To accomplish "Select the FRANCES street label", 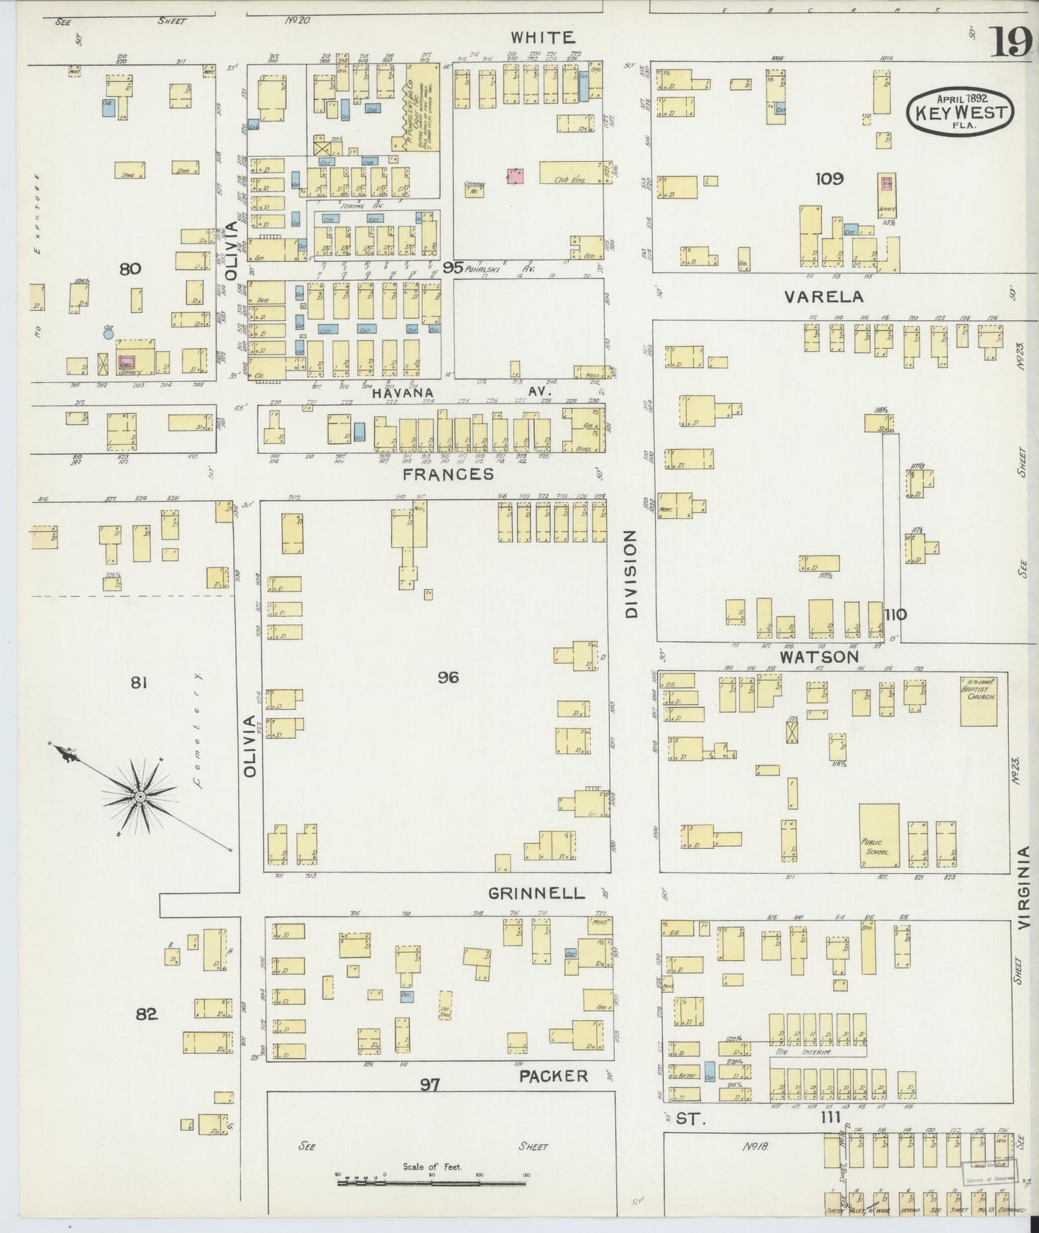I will pos(448,474).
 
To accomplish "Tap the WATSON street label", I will pos(820,657).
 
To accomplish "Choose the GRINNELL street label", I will pos(536,893).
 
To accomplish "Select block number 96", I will pos(447,677).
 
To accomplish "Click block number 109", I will pos(828,178).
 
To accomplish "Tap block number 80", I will pos(130,269).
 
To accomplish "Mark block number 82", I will pos(146,1014).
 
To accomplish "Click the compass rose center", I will pos(140,796).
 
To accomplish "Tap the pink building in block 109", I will pos(887,183).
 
